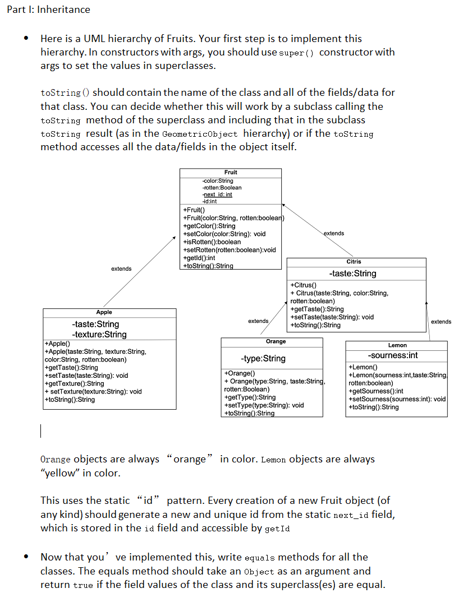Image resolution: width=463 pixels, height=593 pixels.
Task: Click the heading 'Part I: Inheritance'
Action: point(48,10)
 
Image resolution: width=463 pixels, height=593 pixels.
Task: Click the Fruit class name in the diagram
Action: point(231,172)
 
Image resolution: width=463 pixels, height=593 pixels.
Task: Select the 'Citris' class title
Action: point(354,262)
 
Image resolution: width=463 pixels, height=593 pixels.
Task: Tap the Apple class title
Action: point(104,312)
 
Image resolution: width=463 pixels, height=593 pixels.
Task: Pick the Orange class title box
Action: point(276,341)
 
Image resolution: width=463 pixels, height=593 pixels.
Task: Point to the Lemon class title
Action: point(397,345)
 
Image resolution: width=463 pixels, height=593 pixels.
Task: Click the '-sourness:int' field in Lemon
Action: point(393,355)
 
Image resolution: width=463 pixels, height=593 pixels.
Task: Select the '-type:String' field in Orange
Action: point(263,358)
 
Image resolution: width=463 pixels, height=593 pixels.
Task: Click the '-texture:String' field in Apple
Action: point(99,335)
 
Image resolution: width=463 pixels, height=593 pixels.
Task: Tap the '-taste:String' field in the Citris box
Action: point(352,274)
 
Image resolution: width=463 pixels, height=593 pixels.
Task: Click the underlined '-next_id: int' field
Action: point(217,194)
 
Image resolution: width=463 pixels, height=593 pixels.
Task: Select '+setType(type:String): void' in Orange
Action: point(264,405)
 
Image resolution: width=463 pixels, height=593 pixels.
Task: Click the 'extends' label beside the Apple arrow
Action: point(121,269)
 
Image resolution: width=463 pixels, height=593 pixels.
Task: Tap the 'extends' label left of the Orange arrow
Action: point(258,321)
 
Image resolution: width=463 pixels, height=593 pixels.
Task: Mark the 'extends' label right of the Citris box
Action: point(441,322)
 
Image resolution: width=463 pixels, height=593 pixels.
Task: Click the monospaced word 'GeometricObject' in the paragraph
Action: point(199,135)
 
